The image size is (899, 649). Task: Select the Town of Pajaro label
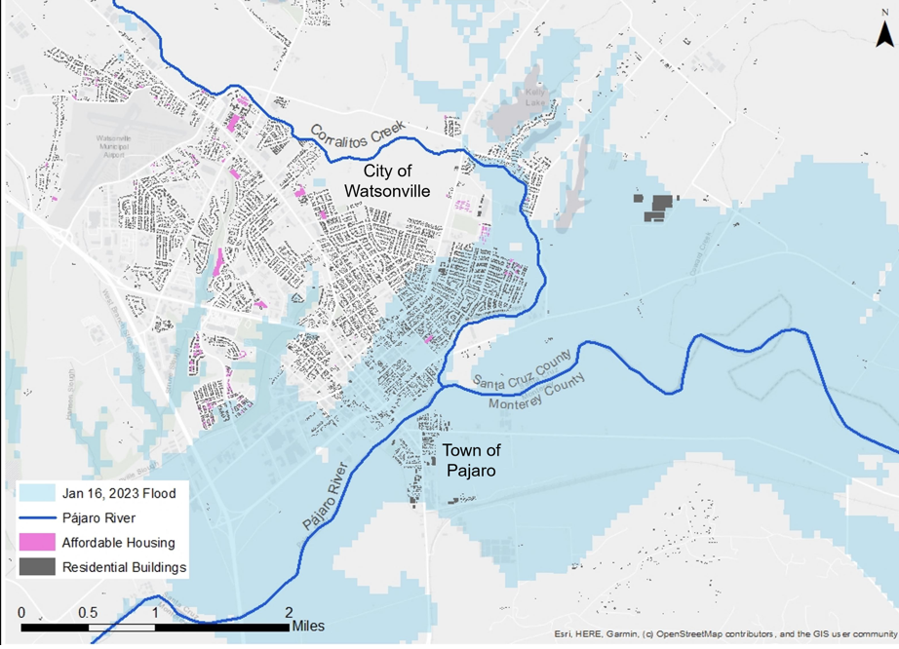click(471, 460)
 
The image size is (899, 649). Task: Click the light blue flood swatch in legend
click(37, 494)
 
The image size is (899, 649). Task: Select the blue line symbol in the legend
click(37, 518)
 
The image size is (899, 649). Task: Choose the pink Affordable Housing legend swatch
click(37, 543)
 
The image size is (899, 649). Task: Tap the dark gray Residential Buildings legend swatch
click(37, 567)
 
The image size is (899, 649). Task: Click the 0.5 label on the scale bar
click(88, 613)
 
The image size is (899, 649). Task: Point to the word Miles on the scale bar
click(305, 626)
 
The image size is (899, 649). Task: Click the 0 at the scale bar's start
click(21, 613)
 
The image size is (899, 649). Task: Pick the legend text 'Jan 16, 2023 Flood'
click(119, 494)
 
